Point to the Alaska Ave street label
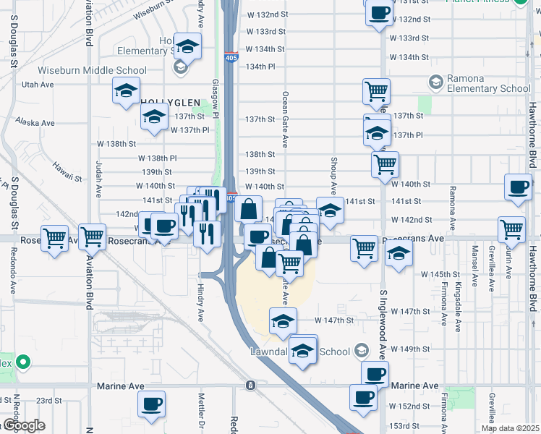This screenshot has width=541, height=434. coord(38,123)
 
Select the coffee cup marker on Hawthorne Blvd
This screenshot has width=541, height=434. coord(518,187)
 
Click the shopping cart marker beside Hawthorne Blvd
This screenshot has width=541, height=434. coord(511,229)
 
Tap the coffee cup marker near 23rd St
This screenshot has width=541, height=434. coord(152,404)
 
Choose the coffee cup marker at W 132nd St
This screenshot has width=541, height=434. coord(379,12)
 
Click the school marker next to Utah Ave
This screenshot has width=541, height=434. coord(126,92)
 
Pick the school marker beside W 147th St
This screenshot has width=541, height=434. coord(283,320)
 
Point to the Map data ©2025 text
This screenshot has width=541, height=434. coord(510,428)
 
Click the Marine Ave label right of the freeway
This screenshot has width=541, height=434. coord(415,386)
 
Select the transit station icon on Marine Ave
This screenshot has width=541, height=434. coord(250,385)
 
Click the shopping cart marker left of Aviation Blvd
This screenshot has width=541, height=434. coord(55,237)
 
